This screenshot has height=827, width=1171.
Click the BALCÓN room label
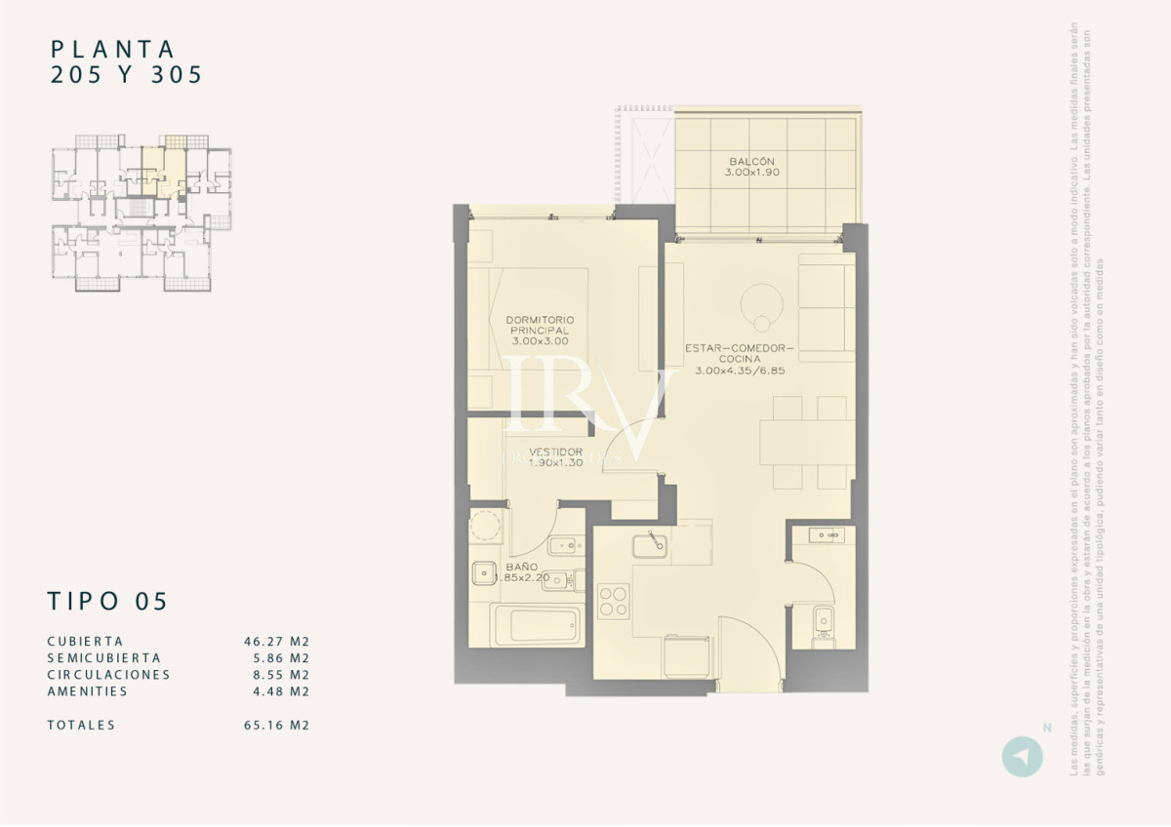(x=751, y=167)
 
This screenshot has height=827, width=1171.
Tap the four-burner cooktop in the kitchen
(x=614, y=601)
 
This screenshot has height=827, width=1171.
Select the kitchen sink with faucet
(x=649, y=544)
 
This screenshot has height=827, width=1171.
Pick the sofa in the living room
(x=826, y=307)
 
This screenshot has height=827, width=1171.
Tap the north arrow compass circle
(x=1022, y=757)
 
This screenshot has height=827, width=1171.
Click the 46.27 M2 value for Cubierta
(x=276, y=642)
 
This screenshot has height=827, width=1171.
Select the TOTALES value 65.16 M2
(x=276, y=726)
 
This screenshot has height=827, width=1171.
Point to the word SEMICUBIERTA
(x=103, y=658)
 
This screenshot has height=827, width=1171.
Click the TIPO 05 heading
(x=107, y=602)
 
